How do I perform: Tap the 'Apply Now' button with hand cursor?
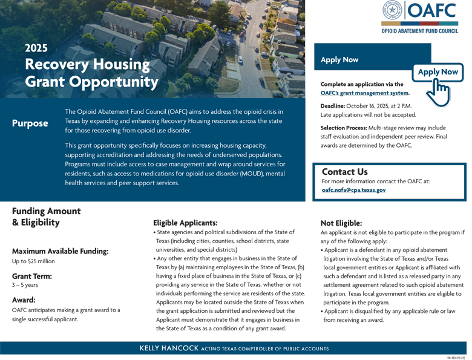(x=438, y=72)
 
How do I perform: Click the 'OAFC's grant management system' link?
(x=365, y=93)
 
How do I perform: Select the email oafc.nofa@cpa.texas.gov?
(x=353, y=190)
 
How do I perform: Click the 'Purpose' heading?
(x=30, y=123)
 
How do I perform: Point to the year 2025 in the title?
(x=36, y=48)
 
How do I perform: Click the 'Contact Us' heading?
(x=344, y=172)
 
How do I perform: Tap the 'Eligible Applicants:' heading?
(x=185, y=223)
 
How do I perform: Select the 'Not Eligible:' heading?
(x=341, y=223)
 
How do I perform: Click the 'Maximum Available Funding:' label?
(x=61, y=251)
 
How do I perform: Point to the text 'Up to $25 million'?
(x=33, y=261)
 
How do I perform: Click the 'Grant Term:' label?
(x=32, y=276)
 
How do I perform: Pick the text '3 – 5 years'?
(x=25, y=285)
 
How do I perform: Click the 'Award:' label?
(x=24, y=299)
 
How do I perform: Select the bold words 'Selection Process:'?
(x=344, y=128)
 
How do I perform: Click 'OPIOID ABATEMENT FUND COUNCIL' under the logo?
(x=420, y=30)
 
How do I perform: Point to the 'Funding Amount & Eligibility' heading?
(x=46, y=217)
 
